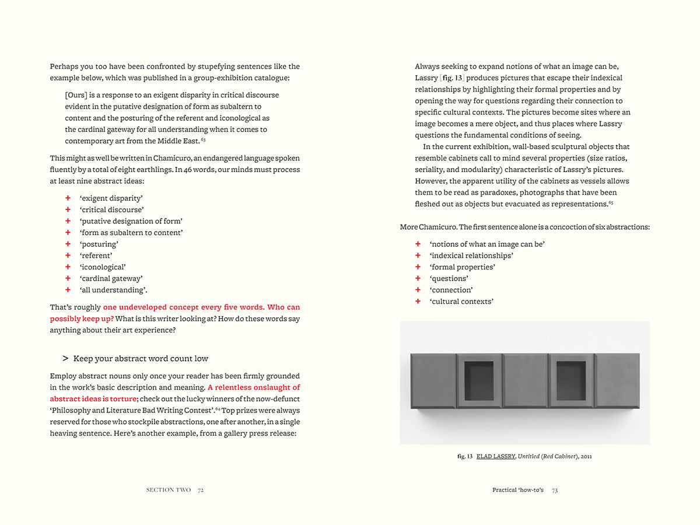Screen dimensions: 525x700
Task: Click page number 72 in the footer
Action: [201, 490]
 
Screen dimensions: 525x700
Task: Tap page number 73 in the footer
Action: [555, 490]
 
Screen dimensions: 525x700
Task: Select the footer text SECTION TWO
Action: [168, 490]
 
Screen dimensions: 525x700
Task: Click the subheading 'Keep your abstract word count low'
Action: [141, 358]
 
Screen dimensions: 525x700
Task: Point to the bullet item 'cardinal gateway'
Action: [111, 278]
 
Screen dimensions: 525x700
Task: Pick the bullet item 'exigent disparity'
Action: [111, 198]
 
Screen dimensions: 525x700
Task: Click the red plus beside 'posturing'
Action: [68, 244]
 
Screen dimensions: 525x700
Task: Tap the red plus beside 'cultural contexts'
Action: [418, 301]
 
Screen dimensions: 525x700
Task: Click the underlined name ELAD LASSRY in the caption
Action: [496, 456]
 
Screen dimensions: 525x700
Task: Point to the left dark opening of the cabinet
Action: [479, 381]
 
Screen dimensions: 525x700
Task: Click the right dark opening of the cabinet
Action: [571, 381]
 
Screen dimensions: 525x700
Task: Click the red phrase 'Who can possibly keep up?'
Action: [175, 313]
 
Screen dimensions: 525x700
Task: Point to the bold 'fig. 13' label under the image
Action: [465, 456]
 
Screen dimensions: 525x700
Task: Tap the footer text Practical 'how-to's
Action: [518, 490]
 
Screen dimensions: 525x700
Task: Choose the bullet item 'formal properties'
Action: [463, 267]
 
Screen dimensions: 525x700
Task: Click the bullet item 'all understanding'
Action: [113, 290]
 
